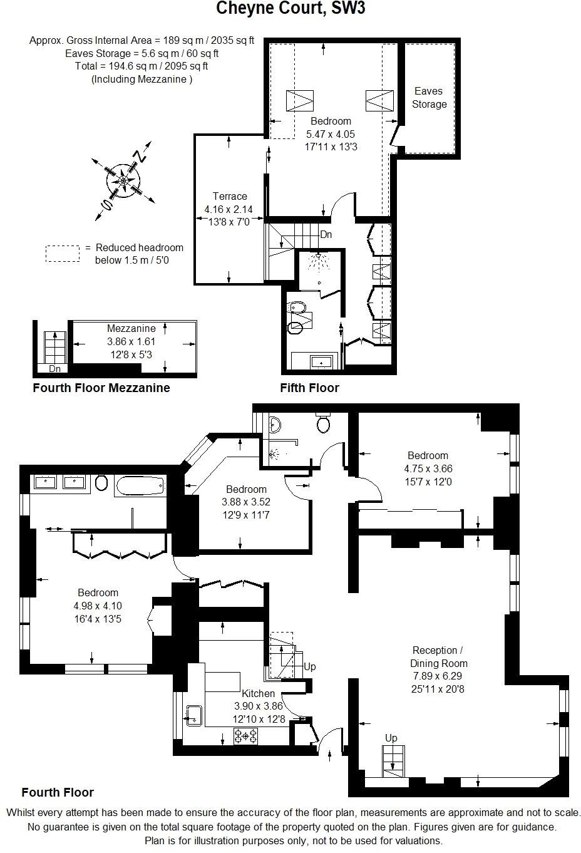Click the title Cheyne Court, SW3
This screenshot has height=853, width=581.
290,9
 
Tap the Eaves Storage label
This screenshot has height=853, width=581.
429,98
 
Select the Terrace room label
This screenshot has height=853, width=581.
229,196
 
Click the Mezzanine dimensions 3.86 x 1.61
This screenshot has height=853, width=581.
131,342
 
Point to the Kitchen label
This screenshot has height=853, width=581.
259,693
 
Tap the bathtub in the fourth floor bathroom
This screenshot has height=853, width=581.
140,484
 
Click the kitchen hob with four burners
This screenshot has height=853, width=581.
245,736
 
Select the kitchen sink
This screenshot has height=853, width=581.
194,714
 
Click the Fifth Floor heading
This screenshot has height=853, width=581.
309,388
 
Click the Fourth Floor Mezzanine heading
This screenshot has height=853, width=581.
101,388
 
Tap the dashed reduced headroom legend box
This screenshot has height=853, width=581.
62,254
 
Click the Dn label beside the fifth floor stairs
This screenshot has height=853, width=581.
326,235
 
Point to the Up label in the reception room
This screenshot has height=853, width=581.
391,738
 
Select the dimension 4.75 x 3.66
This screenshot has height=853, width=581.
428,468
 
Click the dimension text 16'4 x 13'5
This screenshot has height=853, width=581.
98,619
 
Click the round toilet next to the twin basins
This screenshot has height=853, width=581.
103,483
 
